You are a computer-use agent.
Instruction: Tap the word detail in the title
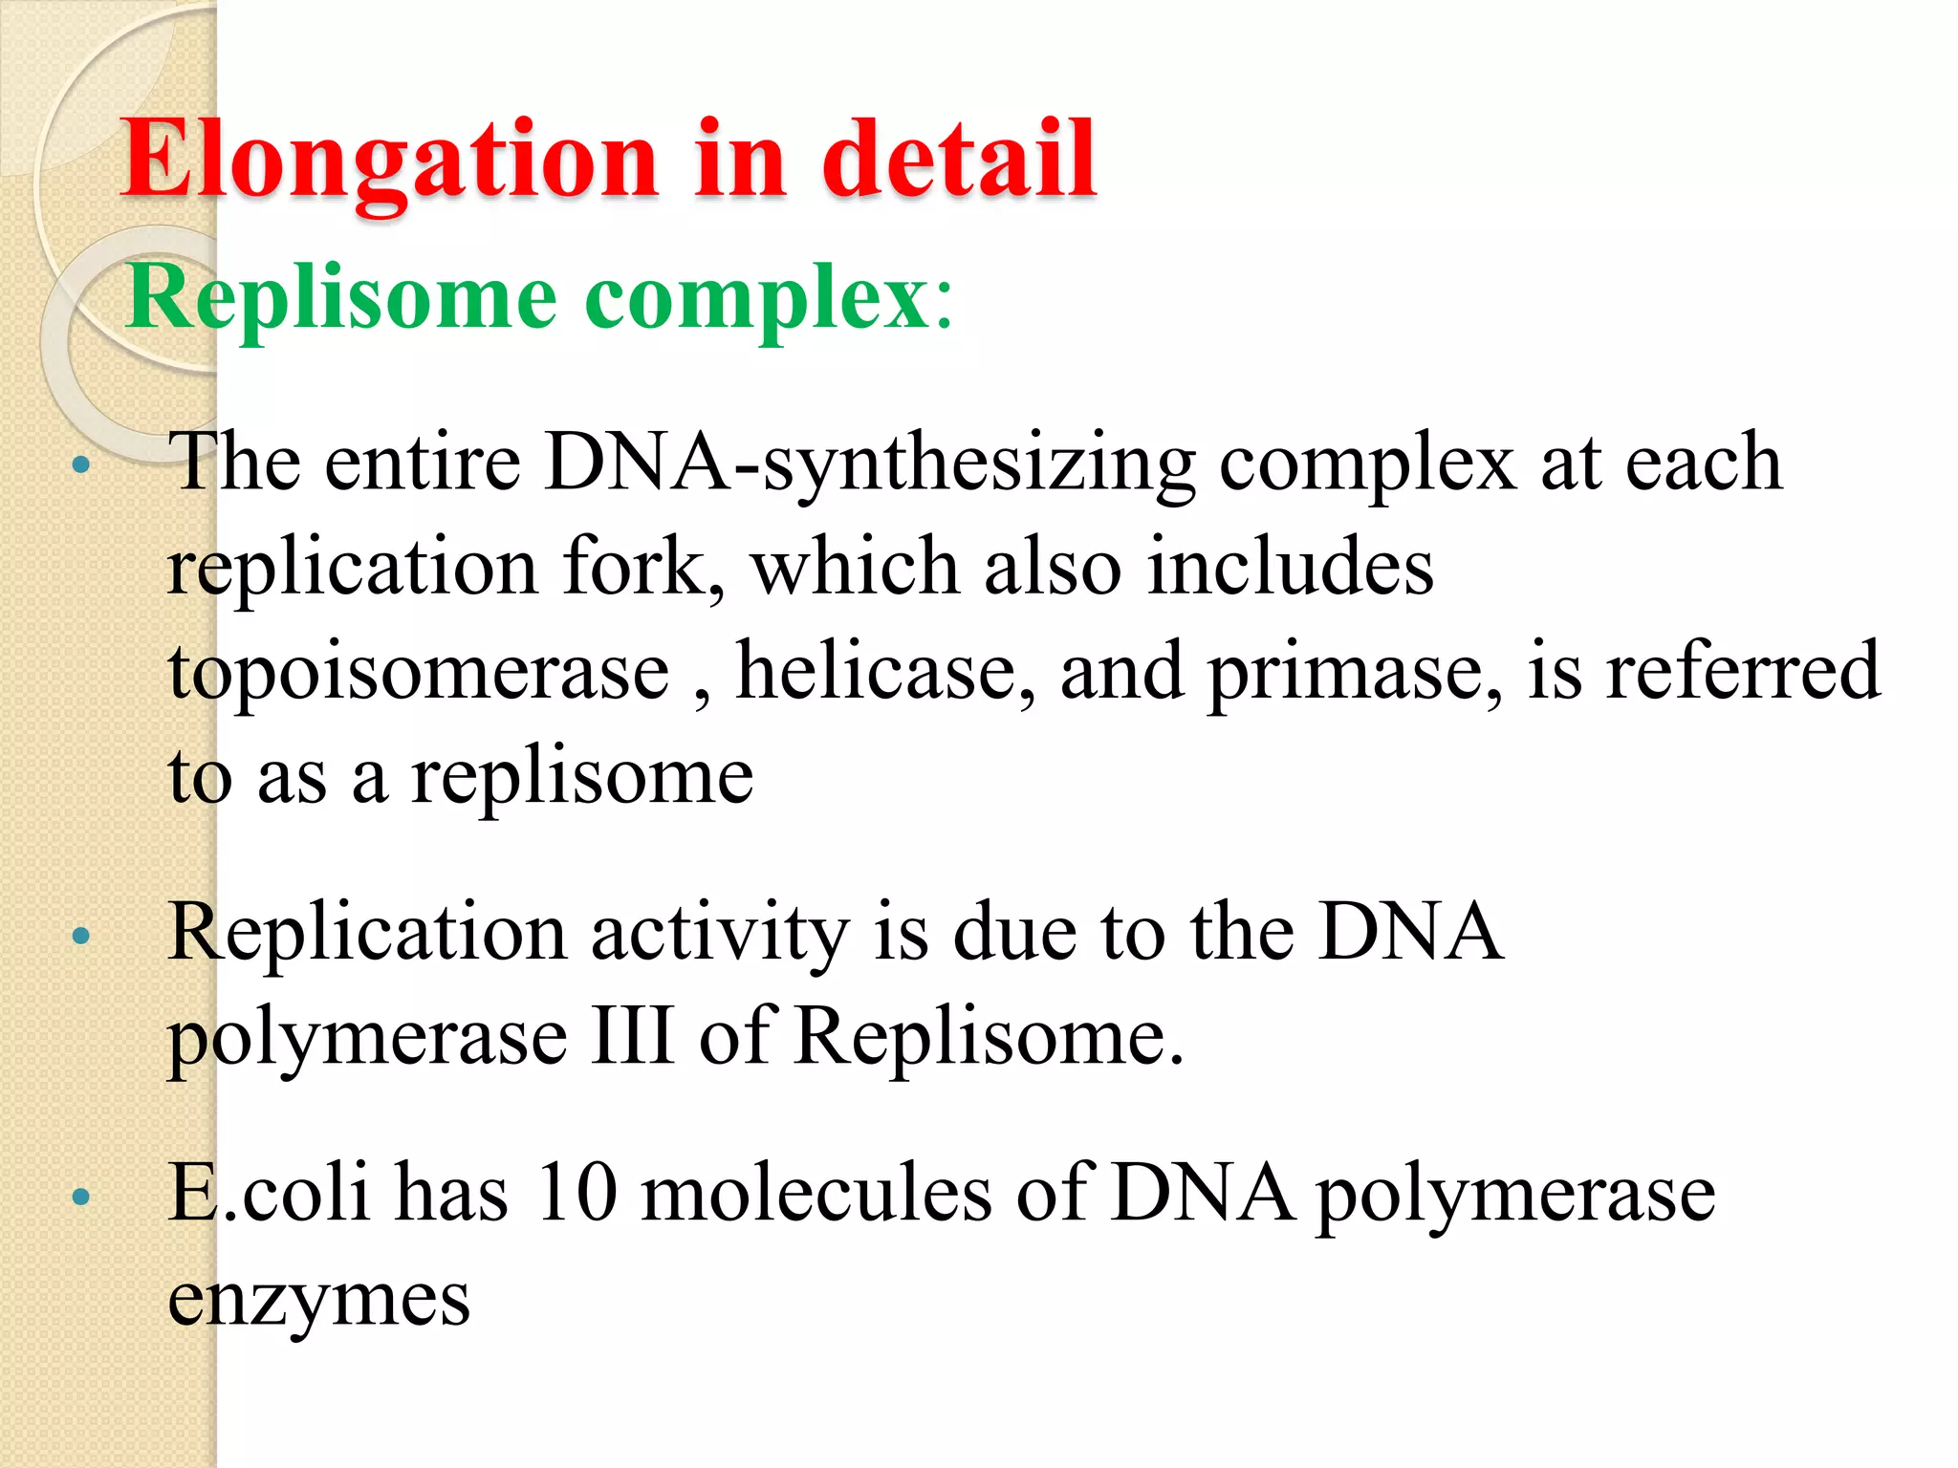tap(959, 159)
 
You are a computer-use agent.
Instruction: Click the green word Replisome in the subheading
tap(341, 298)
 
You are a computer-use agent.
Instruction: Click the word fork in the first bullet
tap(643, 567)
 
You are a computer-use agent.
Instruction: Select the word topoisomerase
tap(419, 672)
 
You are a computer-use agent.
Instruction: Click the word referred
tap(1742, 672)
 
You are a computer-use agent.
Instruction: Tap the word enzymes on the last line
tap(319, 1299)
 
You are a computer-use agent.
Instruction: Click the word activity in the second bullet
tap(720, 933)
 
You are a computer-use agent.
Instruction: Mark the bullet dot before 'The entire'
tap(81, 466)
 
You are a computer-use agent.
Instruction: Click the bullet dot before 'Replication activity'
tap(81, 936)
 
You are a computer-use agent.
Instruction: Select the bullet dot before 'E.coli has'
tap(81, 1196)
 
